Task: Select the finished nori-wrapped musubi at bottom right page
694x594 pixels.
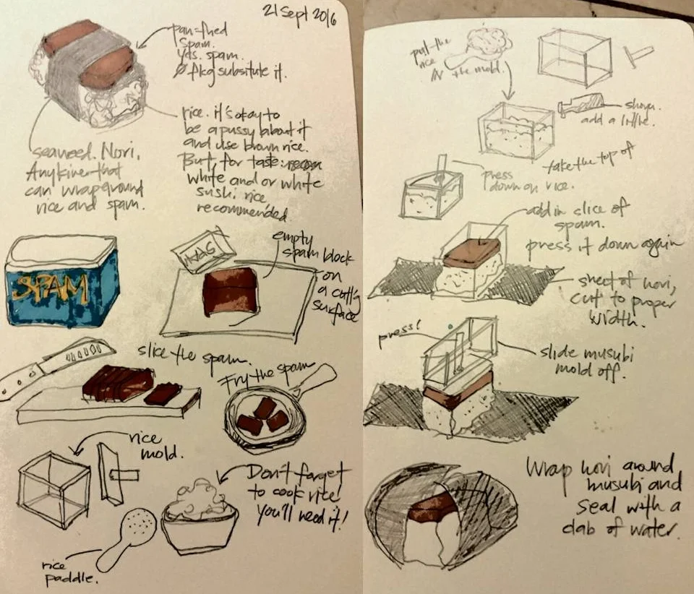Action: (441, 516)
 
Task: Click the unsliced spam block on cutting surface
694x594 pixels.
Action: (230, 290)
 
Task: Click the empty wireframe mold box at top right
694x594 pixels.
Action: (574, 57)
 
